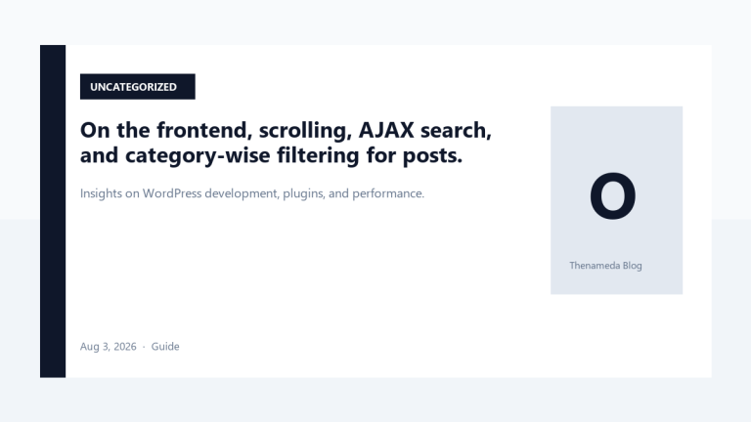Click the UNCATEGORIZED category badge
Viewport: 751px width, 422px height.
(138, 87)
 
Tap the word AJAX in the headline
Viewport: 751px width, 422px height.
(386, 130)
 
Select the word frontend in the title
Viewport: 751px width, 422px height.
(204, 130)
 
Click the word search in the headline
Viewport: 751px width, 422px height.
(456, 130)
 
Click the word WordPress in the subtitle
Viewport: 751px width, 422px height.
(172, 193)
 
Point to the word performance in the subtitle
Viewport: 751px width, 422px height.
(388, 193)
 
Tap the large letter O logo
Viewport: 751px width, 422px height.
(612, 195)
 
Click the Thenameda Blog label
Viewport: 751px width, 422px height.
(605, 266)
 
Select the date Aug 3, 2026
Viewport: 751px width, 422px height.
(109, 347)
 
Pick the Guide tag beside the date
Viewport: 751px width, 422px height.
(165, 347)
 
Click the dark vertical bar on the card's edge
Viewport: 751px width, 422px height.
(53, 211)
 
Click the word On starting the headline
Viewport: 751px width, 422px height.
(95, 130)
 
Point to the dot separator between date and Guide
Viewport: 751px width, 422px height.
(144, 347)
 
